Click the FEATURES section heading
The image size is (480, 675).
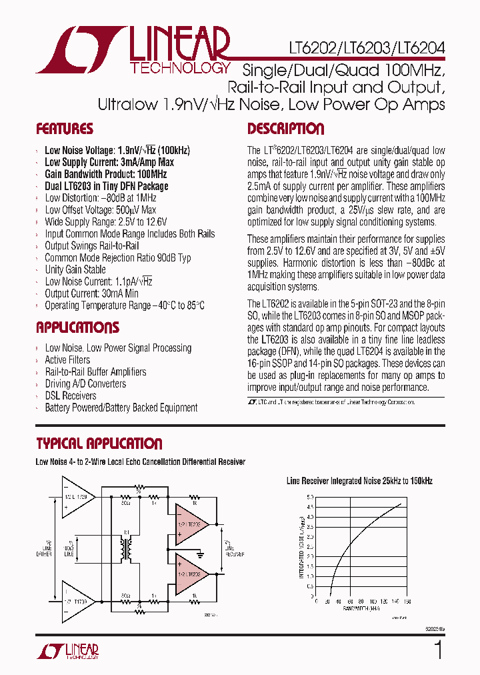[65, 129]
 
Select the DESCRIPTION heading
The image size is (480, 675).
[286, 129]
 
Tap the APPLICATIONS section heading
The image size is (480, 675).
[77, 327]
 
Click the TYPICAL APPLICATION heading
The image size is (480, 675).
[99, 444]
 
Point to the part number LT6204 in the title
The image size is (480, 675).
[421, 49]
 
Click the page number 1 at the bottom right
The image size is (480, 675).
[438, 650]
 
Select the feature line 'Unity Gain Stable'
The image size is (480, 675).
[75, 269]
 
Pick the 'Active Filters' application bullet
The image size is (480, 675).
[67, 360]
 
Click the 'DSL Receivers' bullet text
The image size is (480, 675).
[71, 396]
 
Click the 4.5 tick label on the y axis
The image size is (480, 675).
[310, 507]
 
